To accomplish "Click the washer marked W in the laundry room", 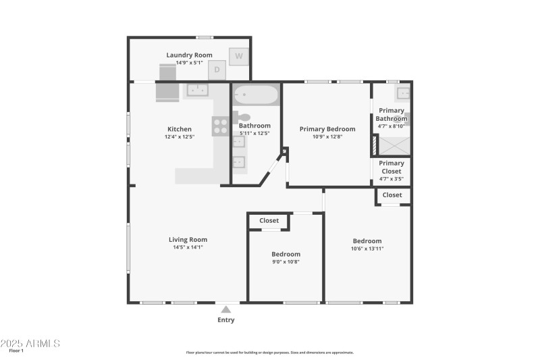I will click(x=238, y=57).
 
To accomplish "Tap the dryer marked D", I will click(x=217, y=70).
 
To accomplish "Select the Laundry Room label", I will click(x=189, y=55).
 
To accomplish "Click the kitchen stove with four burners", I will click(x=221, y=126).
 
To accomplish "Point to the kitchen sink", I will click(x=197, y=90).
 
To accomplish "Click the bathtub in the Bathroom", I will click(x=256, y=95).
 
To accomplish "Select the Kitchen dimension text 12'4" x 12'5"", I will click(x=180, y=137).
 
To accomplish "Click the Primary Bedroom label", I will click(x=327, y=129).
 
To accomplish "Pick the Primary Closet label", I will click(x=391, y=167).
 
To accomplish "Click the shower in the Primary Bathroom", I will click(x=392, y=145).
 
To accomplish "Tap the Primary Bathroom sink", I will click(x=403, y=93).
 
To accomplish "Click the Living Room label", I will click(x=188, y=240).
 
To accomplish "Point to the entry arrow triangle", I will click(x=226, y=309).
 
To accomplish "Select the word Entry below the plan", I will click(x=226, y=320).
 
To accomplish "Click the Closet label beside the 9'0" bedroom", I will click(x=269, y=221).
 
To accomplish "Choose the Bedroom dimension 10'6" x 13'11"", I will click(x=367, y=249).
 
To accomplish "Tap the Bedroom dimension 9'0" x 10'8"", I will click(x=286, y=261).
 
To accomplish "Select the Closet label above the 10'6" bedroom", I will click(x=392, y=195).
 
